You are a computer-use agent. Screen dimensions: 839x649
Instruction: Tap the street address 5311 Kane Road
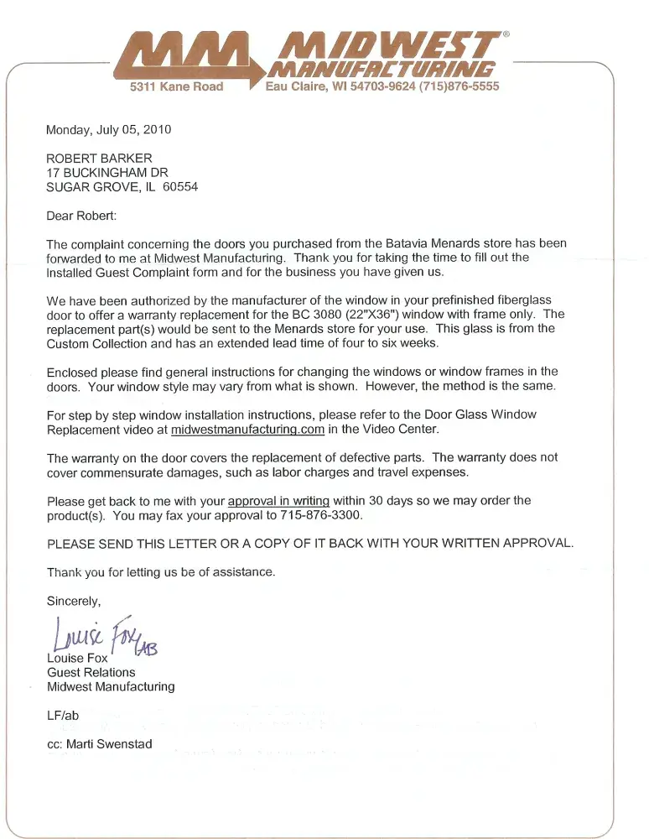point(176,86)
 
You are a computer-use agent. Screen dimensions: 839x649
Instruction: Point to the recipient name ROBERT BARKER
point(99,159)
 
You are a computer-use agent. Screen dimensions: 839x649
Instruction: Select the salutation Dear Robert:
point(82,216)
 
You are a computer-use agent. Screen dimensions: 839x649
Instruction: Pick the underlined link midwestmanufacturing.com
point(247,430)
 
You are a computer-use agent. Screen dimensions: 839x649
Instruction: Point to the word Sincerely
point(74,601)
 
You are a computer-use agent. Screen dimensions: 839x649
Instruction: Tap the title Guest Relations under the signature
point(91,672)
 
